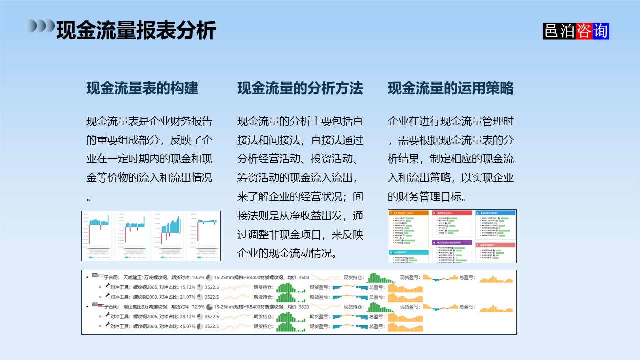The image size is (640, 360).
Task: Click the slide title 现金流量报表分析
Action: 136,30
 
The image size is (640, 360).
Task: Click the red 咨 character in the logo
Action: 584,31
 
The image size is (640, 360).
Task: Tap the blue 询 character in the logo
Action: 600,31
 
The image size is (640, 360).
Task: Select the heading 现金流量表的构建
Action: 142,89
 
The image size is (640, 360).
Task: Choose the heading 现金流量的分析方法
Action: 300,89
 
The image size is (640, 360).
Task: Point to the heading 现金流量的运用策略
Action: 451,89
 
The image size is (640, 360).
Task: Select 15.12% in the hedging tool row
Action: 187,287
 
